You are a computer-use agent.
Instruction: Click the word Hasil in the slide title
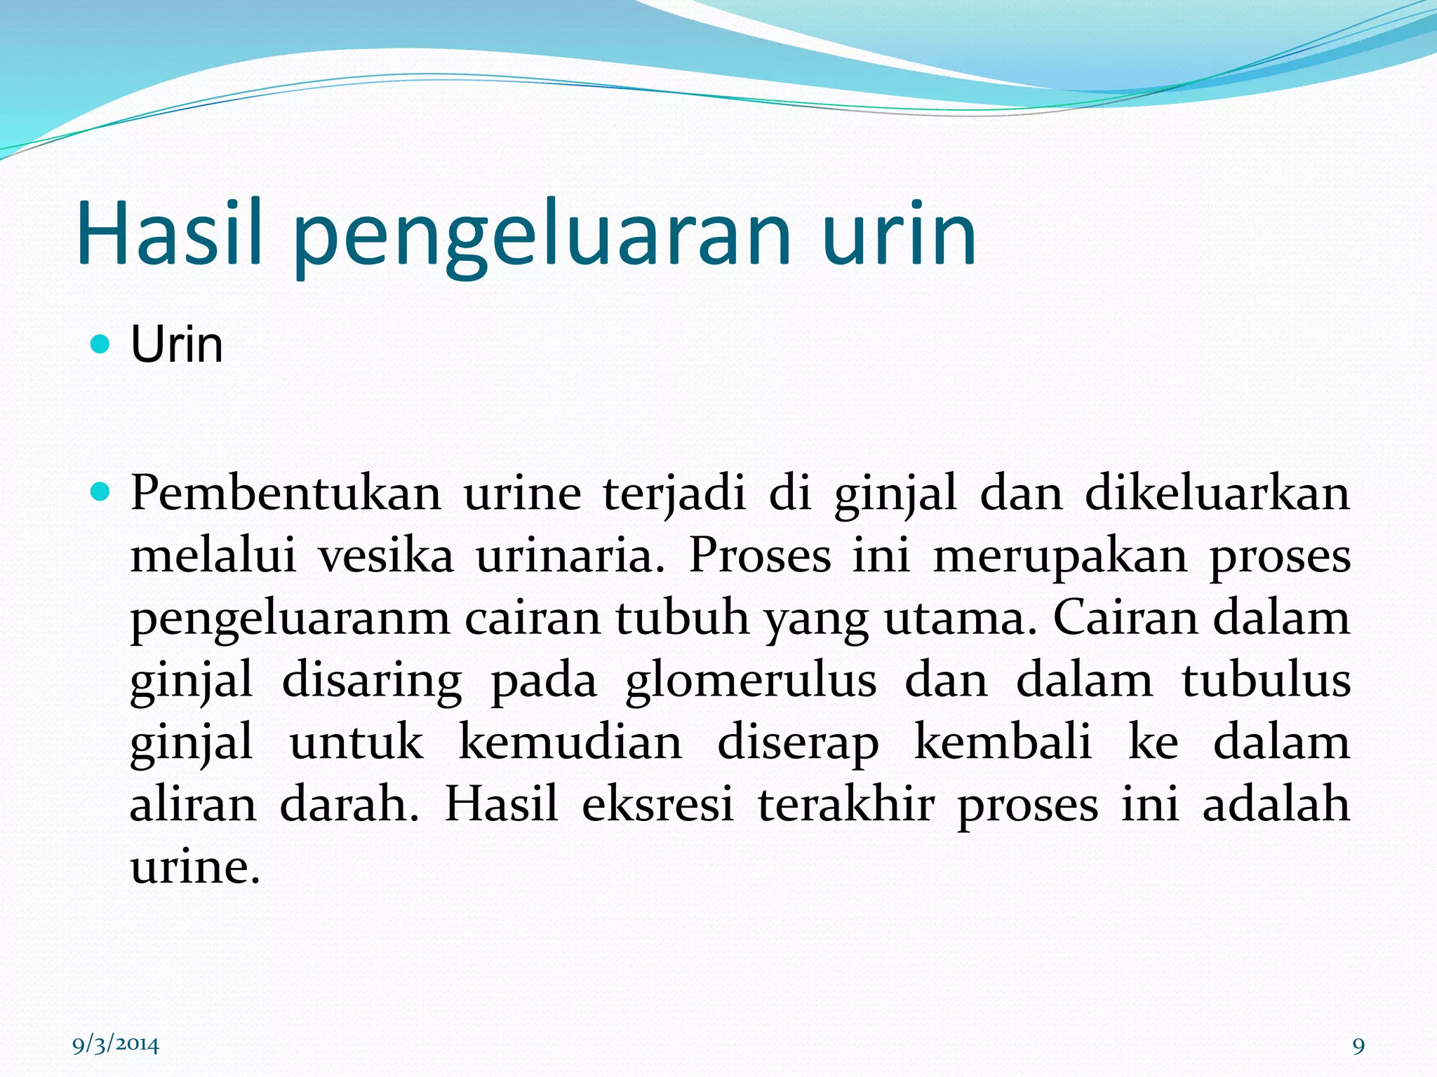coord(168,233)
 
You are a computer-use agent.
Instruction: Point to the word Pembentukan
coord(286,493)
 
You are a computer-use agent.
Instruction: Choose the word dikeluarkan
coord(1217,493)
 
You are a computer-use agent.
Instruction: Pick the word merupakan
coord(1060,555)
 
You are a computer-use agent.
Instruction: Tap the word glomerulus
coord(751,680)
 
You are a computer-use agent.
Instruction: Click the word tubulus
coord(1266,680)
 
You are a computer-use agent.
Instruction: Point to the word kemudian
coord(570,742)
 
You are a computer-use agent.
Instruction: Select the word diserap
coord(798,743)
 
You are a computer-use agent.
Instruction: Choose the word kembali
coord(1003,742)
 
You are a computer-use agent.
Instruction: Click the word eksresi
coord(657,804)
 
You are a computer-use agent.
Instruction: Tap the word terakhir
coord(846,804)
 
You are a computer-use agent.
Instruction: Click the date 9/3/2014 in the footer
coord(116,1045)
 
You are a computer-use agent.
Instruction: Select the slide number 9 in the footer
coord(1358,1046)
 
